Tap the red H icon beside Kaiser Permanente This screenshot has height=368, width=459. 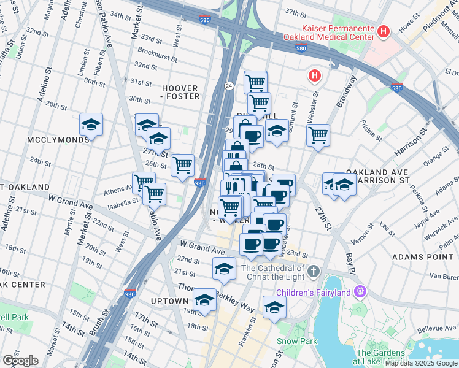(x=384, y=31)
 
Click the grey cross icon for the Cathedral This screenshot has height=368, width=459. (x=314, y=270)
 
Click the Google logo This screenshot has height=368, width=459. (x=20, y=361)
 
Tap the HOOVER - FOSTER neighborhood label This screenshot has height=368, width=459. (x=180, y=92)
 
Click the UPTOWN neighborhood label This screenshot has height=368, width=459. (x=169, y=301)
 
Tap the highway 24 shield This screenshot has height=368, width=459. (x=228, y=85)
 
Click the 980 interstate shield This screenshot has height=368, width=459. (x=199, y=183)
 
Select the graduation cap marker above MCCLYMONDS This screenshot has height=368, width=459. (x=91, y=125)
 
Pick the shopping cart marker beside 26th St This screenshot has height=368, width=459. (x=182, y=166)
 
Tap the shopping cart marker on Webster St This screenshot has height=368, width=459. (x=318, y=136)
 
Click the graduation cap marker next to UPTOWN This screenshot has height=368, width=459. (x=204, y=301)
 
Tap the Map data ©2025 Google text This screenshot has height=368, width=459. (x=421, y=362)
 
